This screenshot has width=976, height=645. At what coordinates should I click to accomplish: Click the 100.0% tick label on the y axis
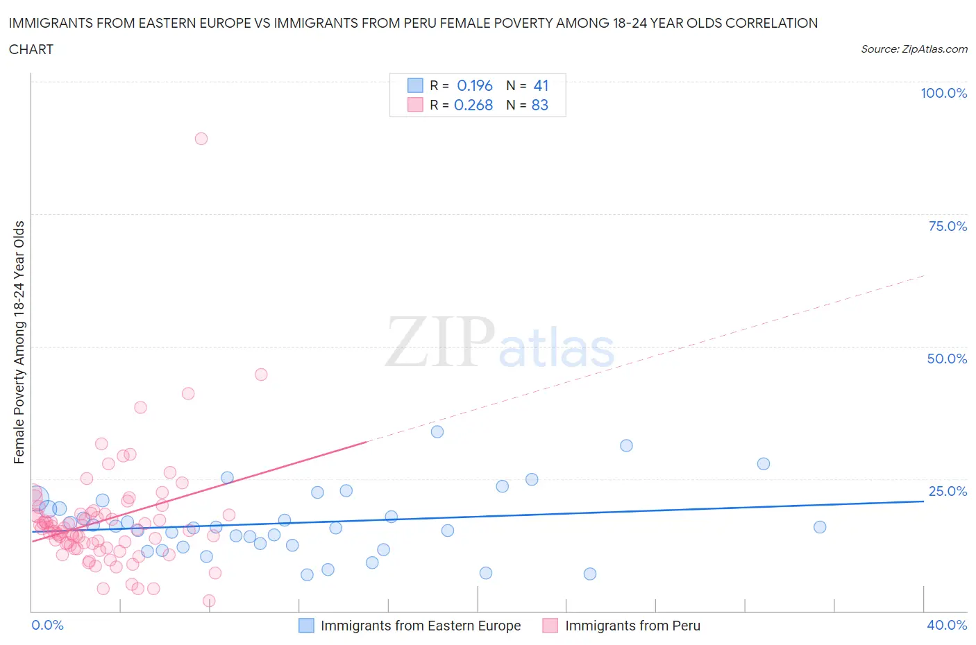[943, 93]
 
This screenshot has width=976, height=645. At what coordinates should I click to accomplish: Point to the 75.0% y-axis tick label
[947, 226]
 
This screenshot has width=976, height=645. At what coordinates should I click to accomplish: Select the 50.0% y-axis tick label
[947, 359]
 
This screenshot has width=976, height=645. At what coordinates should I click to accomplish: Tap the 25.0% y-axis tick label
[947, 491]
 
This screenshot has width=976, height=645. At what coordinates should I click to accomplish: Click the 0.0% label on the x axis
[47, 625]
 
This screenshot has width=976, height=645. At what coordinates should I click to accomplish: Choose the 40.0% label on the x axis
[947, 625]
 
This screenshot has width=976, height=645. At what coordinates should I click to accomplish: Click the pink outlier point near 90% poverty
[201, 139]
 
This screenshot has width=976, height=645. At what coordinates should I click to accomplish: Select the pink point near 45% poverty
[261, 375]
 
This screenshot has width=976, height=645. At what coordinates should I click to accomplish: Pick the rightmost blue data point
[820, 527]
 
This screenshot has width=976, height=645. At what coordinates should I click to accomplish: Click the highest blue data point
[437, 432]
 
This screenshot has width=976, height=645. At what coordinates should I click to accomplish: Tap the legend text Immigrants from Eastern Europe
[420, 626]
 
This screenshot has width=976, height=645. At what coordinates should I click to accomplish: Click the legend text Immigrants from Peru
[632, 626]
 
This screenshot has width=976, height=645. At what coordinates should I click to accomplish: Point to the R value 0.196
[475, 85]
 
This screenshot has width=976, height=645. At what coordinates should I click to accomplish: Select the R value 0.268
[473, 105]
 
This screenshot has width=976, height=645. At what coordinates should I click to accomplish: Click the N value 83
[539, 105]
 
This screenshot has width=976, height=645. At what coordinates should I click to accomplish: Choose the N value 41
[541, 85]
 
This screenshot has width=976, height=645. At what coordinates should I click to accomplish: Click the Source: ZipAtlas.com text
[914, 49]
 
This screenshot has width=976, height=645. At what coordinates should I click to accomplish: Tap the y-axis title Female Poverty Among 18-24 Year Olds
[19, 342]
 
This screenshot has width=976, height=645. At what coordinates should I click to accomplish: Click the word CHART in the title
[31, 49]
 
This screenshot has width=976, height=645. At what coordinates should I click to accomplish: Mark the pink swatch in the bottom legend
[550, 626]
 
